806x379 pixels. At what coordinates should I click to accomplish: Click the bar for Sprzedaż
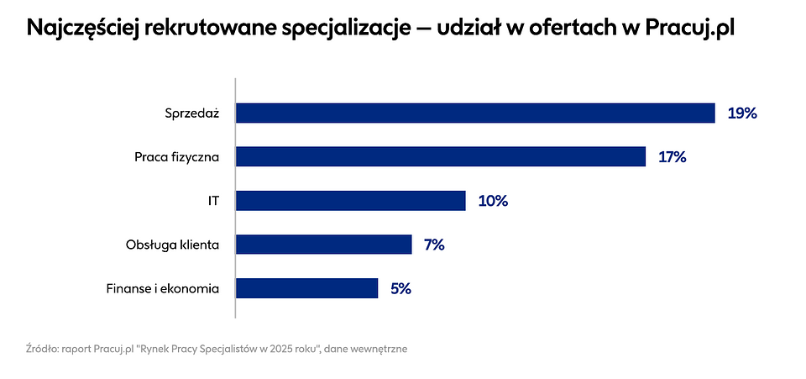[475, 113]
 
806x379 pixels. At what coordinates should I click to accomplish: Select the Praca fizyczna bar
[441, 157]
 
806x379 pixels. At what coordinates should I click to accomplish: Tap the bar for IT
[350, 201]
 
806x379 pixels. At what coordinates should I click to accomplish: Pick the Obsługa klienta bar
[323, 245]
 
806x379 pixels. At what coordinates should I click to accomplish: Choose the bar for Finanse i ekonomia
[306, 288]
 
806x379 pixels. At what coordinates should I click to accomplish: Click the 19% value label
[742, 113]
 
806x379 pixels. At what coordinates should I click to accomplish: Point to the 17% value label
[673, 157]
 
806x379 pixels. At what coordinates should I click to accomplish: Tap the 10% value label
[493, 201]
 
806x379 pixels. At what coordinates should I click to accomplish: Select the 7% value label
[434, 245]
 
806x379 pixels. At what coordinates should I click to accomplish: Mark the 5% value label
[400, 288]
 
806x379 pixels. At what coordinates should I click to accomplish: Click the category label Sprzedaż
[192, 113]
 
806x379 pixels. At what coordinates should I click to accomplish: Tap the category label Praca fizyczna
[176, 157]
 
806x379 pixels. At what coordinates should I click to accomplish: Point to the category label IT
[213, 201]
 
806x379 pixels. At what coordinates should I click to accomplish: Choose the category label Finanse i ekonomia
[163, 288]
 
